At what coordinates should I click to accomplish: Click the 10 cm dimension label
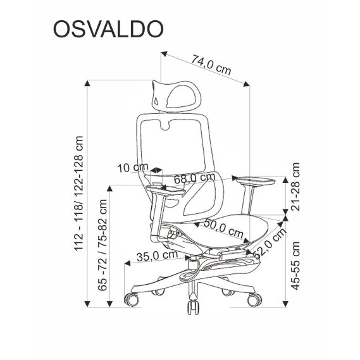tap(132, 168)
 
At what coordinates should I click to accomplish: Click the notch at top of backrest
tap(171, 125)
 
